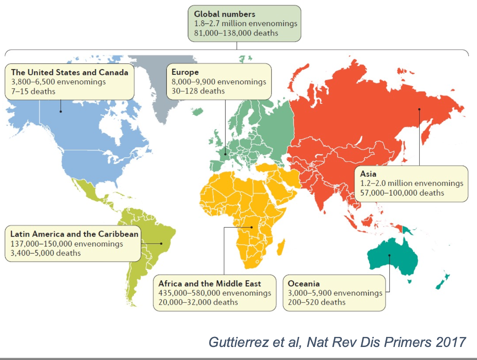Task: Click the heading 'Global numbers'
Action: [x=224, y=14]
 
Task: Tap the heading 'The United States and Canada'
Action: [x=69, y=72]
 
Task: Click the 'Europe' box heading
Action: [x=185, y=72]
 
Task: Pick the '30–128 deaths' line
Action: [x=198, y=91]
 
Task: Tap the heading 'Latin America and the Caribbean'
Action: [x=75, y=234]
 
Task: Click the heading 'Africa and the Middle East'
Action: [x=209, y=283]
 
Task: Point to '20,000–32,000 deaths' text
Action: [x=198, y=302]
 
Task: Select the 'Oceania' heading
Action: [x=304, y=283]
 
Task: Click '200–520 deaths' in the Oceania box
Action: [x=317, y=302]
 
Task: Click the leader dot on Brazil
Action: [x=161, y=243]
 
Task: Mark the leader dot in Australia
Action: [x=390, y=255]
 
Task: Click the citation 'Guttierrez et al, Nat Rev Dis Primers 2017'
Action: [x=337, y=341]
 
